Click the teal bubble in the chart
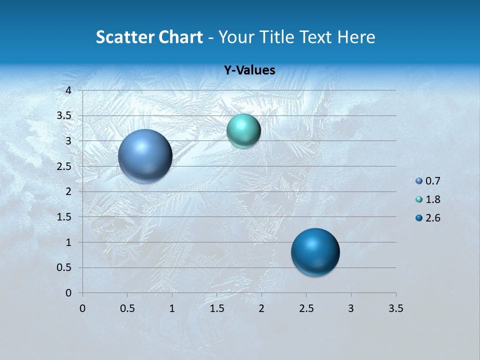click(x=243, y=131)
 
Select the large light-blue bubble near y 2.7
click(x=145, y=156)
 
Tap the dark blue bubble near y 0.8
click(x=315, y=252)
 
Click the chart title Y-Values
click(x=249, y=70)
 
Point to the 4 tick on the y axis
click(x=69, y=90)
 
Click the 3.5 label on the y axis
click(x=64, y=116)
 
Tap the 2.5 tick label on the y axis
click(x=64, y=166)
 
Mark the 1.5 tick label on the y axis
click(x=64, y=217)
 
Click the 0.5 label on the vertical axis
click(x=64, y=267)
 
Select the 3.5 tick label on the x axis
click(x=395, y=308)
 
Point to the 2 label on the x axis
click(x=261, y=308)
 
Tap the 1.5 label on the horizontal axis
click(x=216, y=308)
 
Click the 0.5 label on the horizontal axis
click(x=127, y=308)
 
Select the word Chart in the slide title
click(x=180, y=37)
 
